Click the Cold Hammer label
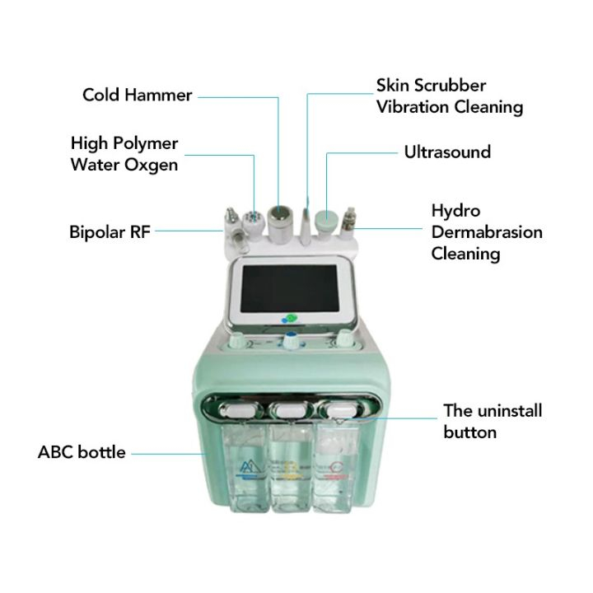coord(137,95)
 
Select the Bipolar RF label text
coord(110,231)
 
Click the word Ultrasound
coord(447,152)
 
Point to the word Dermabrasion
coord(487,232)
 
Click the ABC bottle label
coord(82,452)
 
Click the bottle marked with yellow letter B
coord(289,473)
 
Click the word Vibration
coord(412,107)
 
